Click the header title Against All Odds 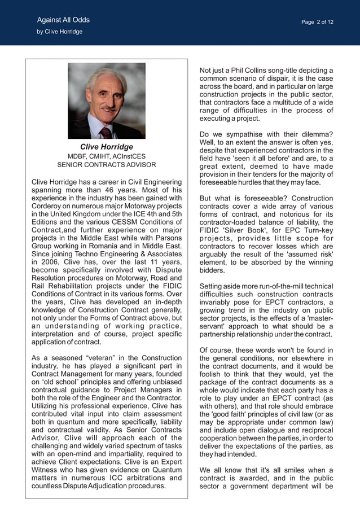pos(63,20)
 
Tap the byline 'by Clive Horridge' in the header pos(60,32)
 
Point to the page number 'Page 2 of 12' pos(317,22)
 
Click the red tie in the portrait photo pos(106,133)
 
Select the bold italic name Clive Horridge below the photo pos(107,147)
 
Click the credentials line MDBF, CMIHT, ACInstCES pos(107,156)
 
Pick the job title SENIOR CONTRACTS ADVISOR pos(107,165)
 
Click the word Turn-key pos(317,230)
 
